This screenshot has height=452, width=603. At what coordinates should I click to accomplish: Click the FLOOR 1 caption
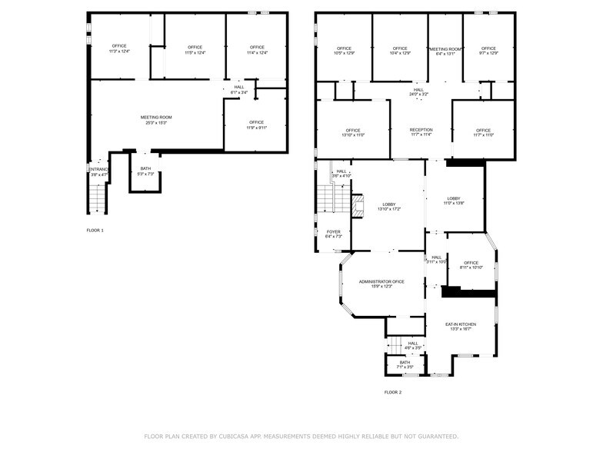(95, 230)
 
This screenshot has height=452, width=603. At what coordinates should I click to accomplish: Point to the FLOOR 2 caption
(393, 392)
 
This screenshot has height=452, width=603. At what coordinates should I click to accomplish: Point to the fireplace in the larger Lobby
(356, 206)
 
